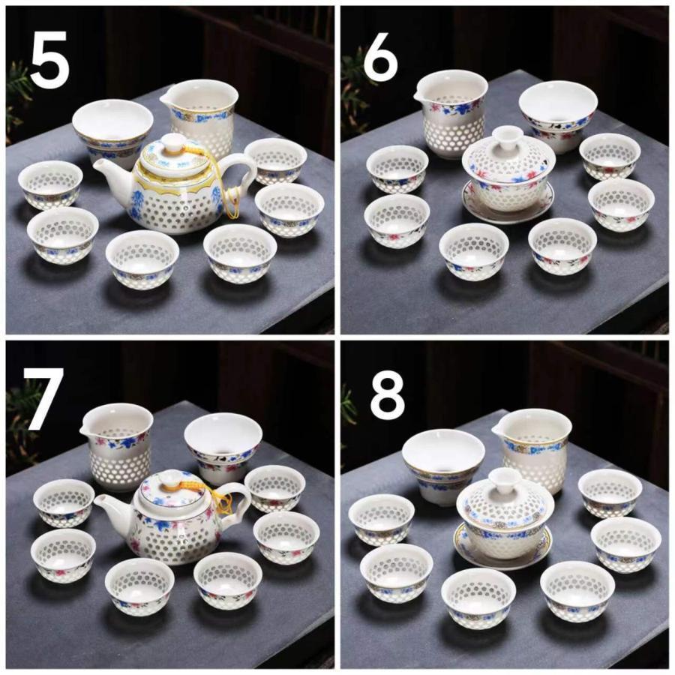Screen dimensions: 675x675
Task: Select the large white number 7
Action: coord(45,399)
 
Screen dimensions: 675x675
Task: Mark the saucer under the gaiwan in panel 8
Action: coord(502,547)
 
